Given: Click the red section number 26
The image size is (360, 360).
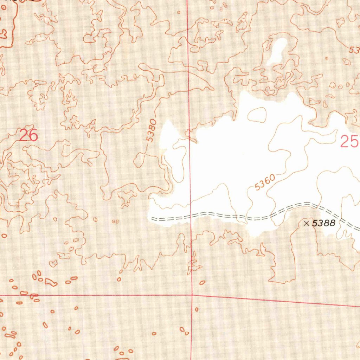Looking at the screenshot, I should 28,135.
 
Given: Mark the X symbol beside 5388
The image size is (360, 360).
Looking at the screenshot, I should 306,223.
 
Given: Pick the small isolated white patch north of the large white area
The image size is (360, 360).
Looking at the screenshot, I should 277,51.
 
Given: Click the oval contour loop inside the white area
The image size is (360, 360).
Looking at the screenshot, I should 257,115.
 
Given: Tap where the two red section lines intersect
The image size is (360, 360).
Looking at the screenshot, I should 192,295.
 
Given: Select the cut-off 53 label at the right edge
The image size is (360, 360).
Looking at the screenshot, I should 354,50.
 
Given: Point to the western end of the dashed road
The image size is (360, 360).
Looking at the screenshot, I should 152,219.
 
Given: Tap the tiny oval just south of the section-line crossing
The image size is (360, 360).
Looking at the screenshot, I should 197,309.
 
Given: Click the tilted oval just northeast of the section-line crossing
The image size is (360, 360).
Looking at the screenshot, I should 202,282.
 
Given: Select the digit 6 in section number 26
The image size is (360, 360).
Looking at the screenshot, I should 33,135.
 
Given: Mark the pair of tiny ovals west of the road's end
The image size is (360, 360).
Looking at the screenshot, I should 115,221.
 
